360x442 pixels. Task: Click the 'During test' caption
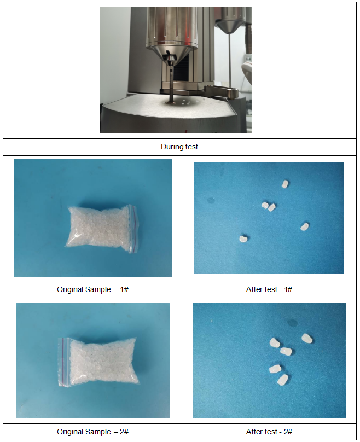click(x=179, y=147)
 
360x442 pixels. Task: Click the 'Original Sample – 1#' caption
click(x=93, y=289)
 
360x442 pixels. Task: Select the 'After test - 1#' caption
click(x=269, y=289)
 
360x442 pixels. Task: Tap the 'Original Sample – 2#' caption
click(x=93, y=432)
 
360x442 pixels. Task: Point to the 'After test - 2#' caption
click(x=269, y=432)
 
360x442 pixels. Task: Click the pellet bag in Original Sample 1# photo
click(x=101, y=228)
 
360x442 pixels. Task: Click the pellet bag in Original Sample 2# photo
click(x=98, y=362)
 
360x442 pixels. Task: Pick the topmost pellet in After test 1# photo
click(x=285, y=184)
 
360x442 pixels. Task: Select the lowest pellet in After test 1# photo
click(x=243, y=239)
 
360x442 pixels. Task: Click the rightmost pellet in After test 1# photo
click(x=304, y=226)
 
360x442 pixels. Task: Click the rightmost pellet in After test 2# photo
click(x=307, y=338)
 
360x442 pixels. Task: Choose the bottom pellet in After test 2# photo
click(x=282, y=380)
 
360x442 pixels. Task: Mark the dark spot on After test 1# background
click(x=211, y=200)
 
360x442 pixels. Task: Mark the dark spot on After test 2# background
click(x=292, y=323)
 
